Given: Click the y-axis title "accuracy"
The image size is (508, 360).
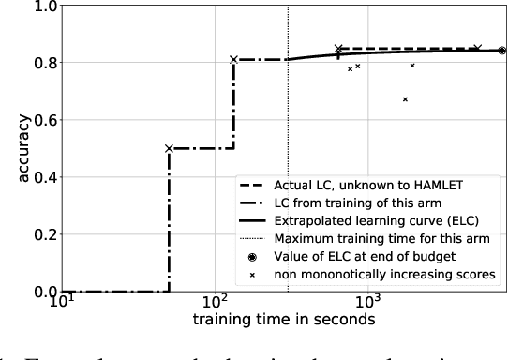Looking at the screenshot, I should click(14, 148).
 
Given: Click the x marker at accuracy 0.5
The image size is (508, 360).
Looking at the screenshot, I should click(169, 148).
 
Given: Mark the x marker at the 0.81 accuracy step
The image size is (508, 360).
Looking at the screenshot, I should click(234, 59).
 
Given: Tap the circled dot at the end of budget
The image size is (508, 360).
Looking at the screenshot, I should click(502, 52).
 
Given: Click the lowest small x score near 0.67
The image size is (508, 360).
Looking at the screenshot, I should click(405, 99).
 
